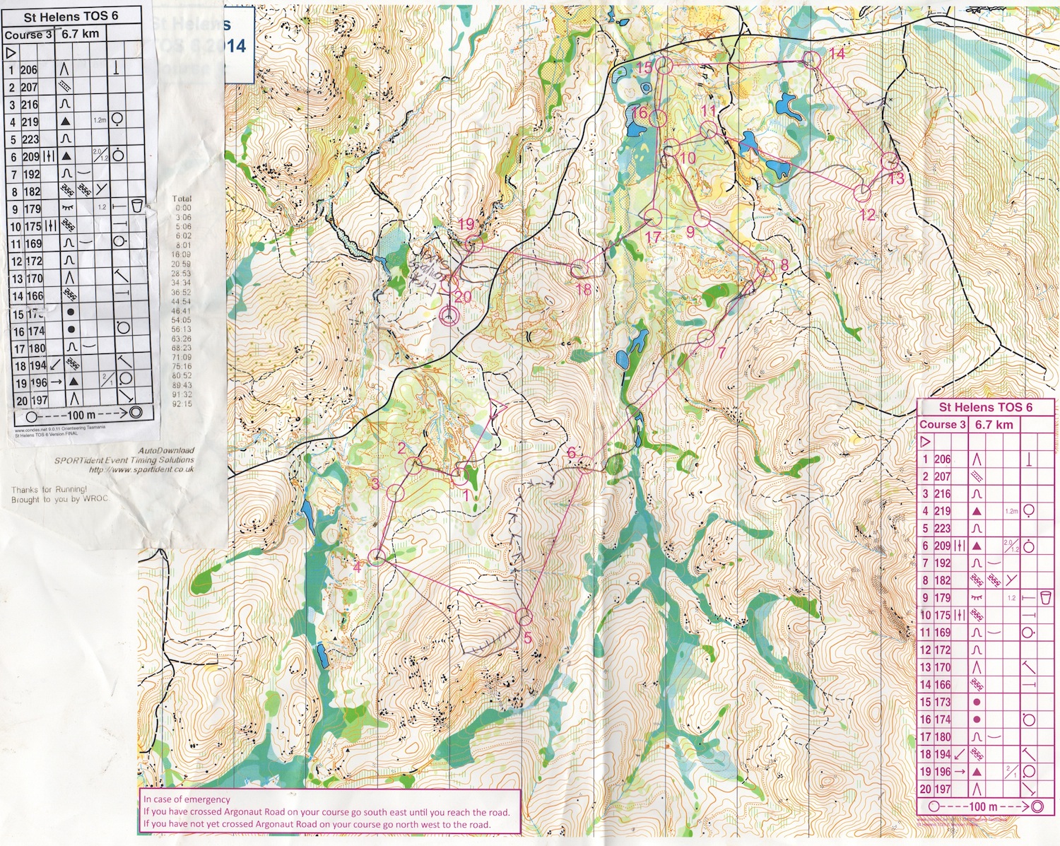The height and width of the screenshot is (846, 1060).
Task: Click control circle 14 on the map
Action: (x=812, y=61)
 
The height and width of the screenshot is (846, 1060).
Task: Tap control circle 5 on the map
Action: (x=523, y=616)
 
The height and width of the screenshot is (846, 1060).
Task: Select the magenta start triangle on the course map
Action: (x=498, y=407)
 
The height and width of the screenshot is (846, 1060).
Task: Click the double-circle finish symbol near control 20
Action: (x=447, y=316)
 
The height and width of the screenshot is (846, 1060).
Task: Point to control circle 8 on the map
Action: (x=766, y=269)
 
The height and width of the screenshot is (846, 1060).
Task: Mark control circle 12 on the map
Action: (x=862, y=192)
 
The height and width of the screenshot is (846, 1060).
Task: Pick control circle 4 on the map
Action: (x=376, y=558)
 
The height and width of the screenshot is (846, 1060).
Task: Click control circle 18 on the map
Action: (x=579, y=269)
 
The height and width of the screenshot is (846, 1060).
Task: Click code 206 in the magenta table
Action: (x=943, y=459)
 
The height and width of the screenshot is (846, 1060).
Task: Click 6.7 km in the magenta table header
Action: (x=994, y=425)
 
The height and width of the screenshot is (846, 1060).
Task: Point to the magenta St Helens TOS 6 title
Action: (x=985, y=407)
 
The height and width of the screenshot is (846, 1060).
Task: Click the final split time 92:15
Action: (x=182, y=404)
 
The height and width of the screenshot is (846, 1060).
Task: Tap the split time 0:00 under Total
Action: (x=183, y=208)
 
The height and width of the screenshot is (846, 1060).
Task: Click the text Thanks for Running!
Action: (x=49, y=489)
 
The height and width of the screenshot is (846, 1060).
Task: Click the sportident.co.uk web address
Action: (x=141, y=469)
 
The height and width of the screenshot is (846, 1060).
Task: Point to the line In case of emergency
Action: (x=187, y=799)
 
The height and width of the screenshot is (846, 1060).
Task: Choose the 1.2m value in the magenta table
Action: (x=1011, y=511)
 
